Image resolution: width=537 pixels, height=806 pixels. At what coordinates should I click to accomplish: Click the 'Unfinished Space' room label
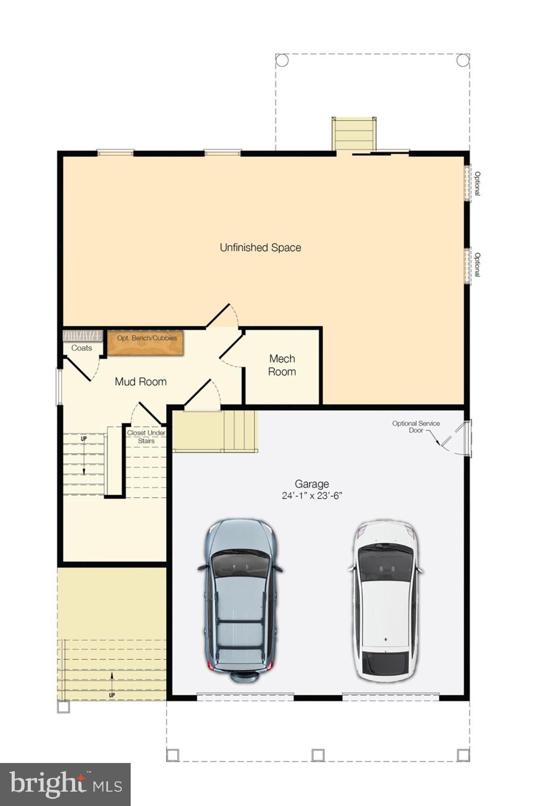[x=260, y=248]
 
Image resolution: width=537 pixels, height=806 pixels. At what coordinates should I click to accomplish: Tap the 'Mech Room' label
[x=282, y=365]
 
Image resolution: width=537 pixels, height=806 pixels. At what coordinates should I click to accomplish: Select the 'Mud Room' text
[x=141, y=382]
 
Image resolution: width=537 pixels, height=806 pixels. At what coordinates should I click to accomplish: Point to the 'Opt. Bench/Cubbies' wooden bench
[x=146, y=343]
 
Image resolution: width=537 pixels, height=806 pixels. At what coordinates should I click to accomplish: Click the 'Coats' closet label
[x=81, y=348]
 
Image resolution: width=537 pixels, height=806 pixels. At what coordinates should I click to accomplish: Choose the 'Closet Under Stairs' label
[x=146, y=437]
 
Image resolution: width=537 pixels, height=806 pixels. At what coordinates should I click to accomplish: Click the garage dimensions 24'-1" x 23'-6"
[x=312, y=496]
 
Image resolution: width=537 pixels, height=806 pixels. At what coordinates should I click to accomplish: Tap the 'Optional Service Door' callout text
[x=416, y=427]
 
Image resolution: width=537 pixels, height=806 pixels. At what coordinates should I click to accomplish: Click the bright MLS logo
[x=65, y=784]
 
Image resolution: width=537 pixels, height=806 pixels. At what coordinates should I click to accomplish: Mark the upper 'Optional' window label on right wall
[x=477, y=184]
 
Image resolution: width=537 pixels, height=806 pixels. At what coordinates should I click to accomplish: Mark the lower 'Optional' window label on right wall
[x=477, y=265]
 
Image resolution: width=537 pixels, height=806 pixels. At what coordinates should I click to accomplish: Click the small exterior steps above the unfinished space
[x=354, y=133]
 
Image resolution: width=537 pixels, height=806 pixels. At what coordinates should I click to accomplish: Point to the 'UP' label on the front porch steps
[x=112, y=695]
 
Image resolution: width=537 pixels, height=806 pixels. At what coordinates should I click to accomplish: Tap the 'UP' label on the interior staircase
[x=83, y=439]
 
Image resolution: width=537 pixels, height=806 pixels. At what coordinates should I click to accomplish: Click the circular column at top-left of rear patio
[x=282, y=60]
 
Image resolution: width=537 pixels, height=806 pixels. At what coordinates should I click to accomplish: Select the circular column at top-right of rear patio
[x=463, y=60]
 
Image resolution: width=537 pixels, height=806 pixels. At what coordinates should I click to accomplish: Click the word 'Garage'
[x=312, y=484]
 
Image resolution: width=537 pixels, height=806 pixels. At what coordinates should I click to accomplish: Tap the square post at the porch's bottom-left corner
[x=63, y=707]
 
